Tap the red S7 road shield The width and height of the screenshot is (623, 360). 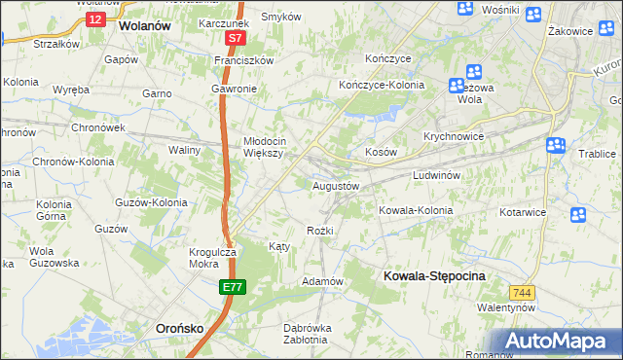(x=235, y=39)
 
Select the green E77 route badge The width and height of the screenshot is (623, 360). (x=233, y=287)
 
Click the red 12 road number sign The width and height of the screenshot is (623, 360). (x=93, y=18)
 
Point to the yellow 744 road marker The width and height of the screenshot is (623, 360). (x=522, y=292)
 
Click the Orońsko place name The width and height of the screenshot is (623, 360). (x=180, y=329)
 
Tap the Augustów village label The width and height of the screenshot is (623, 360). (x=336, y=185)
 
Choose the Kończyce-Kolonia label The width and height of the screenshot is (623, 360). (x=382, y=85)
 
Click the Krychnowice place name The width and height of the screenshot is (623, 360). (x=454, y=136)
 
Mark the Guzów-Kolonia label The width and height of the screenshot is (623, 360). (x=151, y=202)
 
